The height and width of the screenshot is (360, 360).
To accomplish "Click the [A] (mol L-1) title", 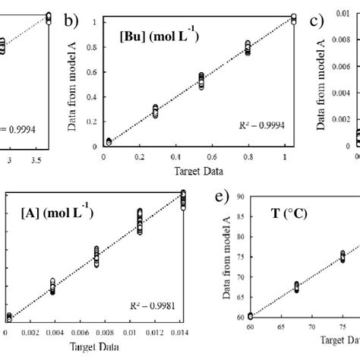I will point(58,213).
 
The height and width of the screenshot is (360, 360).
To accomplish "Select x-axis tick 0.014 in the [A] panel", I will point(179,332).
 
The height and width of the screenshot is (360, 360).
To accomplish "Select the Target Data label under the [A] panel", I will point(97,347).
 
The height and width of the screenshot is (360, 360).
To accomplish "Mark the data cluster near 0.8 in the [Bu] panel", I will point(248,48).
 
